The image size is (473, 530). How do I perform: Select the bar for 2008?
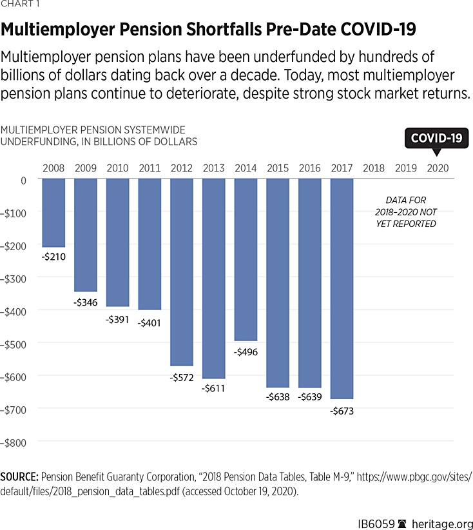tap(53, 213)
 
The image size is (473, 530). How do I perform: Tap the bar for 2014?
tap(246, 259)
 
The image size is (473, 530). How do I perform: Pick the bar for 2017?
tap(342, 288)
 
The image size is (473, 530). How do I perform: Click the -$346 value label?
tap(86, 302)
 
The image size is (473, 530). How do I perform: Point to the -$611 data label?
tap(214, 389)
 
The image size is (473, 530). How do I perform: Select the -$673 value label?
tap(342, 410)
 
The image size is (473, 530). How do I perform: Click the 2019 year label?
tap(406, 168)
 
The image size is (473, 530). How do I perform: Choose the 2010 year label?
tap(117, 168)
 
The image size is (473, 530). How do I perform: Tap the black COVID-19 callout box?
tap(436, 138)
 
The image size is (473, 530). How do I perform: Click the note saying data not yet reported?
tap(406, 212)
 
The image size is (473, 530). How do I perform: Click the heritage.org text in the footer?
tap(443, 518)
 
